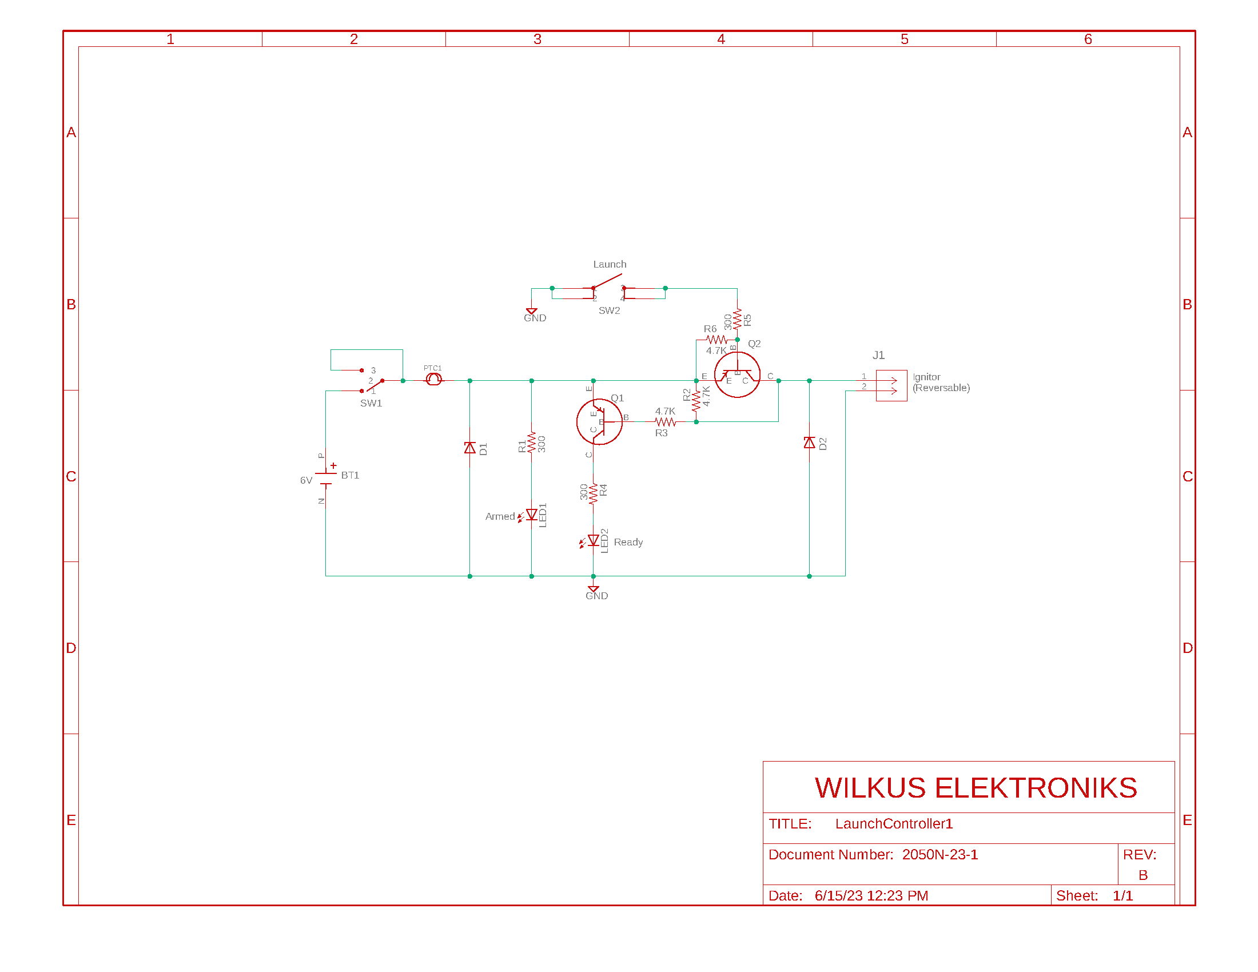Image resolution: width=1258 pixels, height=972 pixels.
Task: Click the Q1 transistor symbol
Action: pos(599,421)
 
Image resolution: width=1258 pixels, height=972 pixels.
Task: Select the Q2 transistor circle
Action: pos(737,375)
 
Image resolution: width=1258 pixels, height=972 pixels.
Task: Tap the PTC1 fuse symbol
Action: pos(434,379)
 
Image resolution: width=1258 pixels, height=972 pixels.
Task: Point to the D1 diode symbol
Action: pos(470,448)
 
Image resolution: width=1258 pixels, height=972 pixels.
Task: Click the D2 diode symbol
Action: pos(809,443)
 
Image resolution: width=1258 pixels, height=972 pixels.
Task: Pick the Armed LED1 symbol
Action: pos(531,515)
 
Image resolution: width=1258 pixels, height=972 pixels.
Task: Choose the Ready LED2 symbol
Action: pos(593,541)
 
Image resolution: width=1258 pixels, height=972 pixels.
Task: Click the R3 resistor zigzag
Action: pos(665,422)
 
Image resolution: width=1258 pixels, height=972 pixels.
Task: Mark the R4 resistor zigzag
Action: pos(594,493)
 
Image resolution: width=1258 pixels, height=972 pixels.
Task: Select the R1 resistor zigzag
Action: pos(531,443)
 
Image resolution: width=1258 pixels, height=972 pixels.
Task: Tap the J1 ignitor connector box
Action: pos(891,385)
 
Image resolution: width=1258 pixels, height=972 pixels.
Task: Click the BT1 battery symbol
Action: pos(326,478)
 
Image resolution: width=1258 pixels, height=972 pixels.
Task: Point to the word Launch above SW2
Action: pos(610,264)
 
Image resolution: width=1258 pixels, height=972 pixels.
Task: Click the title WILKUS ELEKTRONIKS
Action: pos(976,788)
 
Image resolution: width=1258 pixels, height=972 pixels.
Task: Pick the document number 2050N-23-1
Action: pos(939,855)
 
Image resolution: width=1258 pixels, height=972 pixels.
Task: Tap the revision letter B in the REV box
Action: pos(1143,875)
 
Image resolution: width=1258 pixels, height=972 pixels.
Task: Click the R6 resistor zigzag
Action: pos(716,340)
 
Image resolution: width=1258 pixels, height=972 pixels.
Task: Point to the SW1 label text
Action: pos(371,403)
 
